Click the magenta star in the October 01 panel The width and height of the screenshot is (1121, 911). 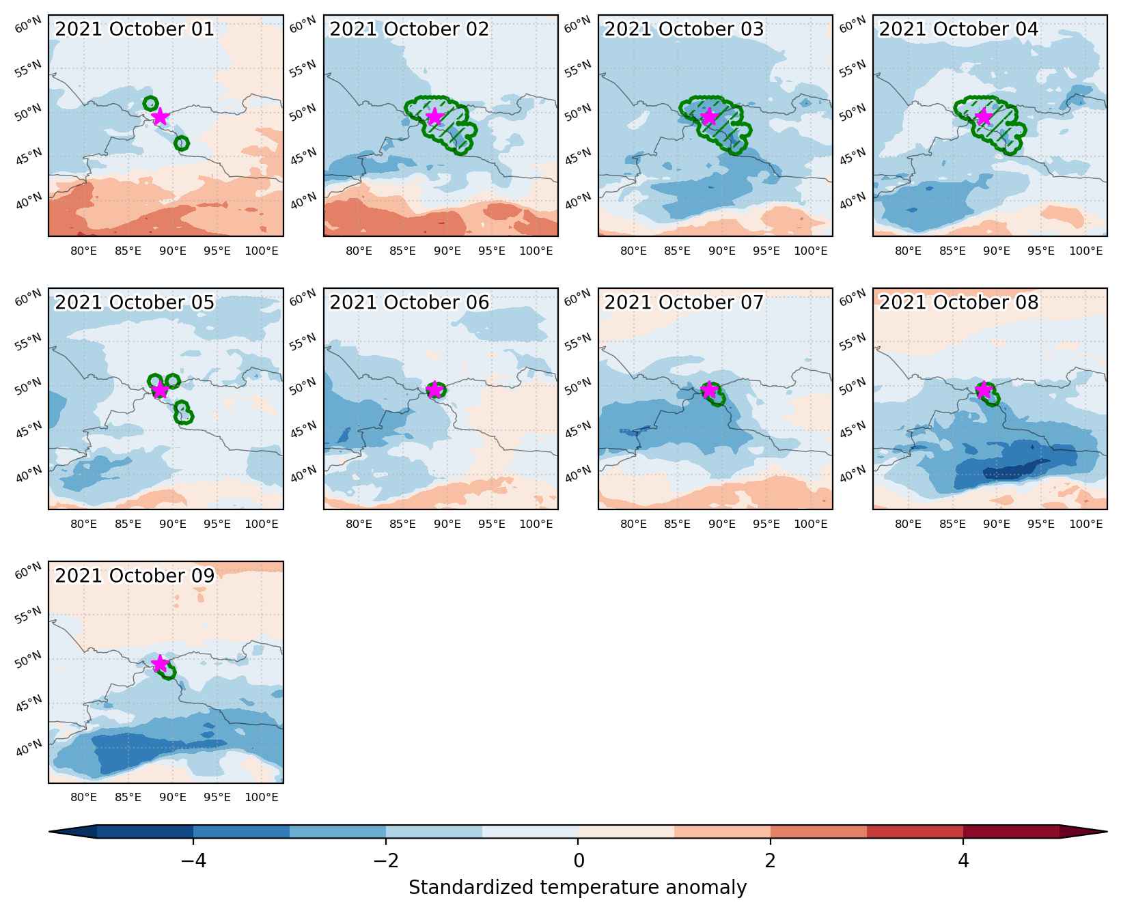point(159,116)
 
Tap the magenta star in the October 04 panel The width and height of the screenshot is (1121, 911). point(984,116)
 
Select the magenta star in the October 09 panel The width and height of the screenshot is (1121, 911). point(159,663)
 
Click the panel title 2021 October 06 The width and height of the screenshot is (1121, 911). point(409,303)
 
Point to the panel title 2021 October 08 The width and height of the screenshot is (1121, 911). point(958,303)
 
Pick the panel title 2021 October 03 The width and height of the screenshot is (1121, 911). point(684,29)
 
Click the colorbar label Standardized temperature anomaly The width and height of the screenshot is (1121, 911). point(578,888)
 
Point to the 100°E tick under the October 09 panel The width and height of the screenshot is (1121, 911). point(262,797)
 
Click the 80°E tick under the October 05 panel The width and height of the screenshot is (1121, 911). point(83,524)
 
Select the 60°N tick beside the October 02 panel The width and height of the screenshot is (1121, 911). point(303,26)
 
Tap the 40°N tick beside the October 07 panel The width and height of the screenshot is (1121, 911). point(577,473)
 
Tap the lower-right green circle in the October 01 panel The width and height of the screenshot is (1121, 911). point(181,143)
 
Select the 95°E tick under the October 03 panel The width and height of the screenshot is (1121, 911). point(766,251)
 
